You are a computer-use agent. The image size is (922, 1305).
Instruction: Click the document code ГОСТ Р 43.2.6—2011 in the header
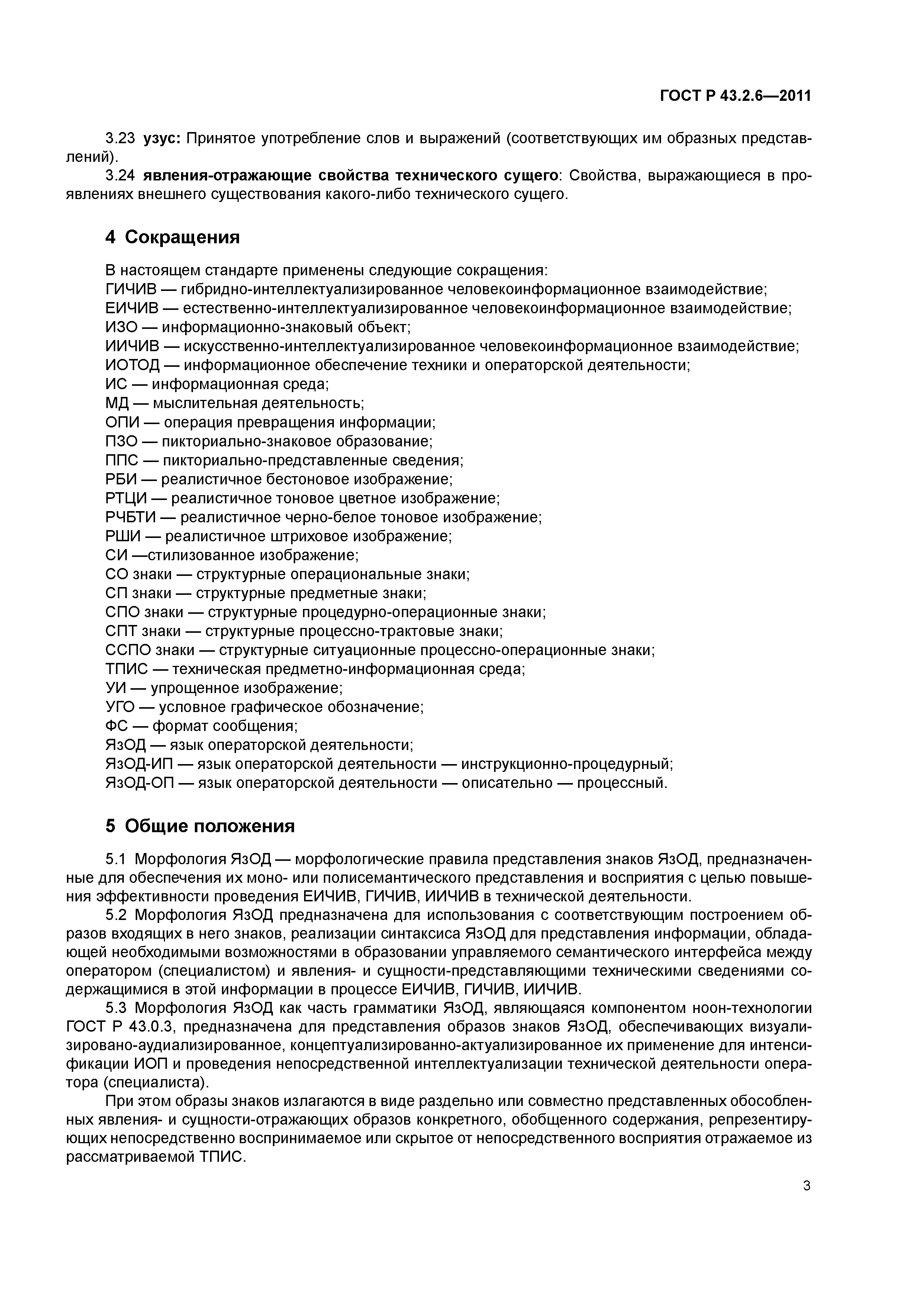tap(735, 96)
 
